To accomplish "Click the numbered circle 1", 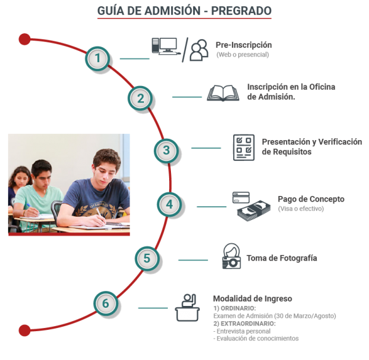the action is click(97, 58).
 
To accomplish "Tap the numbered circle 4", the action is click(169, 205).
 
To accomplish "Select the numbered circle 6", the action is click(106, 303).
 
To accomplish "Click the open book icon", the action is click(223, 93).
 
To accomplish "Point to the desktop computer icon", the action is click(165, 46).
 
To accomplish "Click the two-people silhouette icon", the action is click(199, 50).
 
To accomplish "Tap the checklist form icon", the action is click(244, 147).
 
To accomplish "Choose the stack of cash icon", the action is click(253, 211).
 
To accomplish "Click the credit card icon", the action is click(240, 198).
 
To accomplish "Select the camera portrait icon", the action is click(231, 256).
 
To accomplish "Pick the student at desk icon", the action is click(188, 308).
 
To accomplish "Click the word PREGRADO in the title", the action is click(241, 11).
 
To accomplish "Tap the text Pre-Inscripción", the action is click(244, 45).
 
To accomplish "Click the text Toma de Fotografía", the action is click(282, 258).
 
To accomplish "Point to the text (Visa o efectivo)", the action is click(301, 209).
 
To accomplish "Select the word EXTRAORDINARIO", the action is click(247, 324).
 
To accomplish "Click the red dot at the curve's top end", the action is click(25, 39).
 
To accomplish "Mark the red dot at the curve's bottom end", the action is click(25, 331).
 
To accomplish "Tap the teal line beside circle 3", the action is click(206, 148).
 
